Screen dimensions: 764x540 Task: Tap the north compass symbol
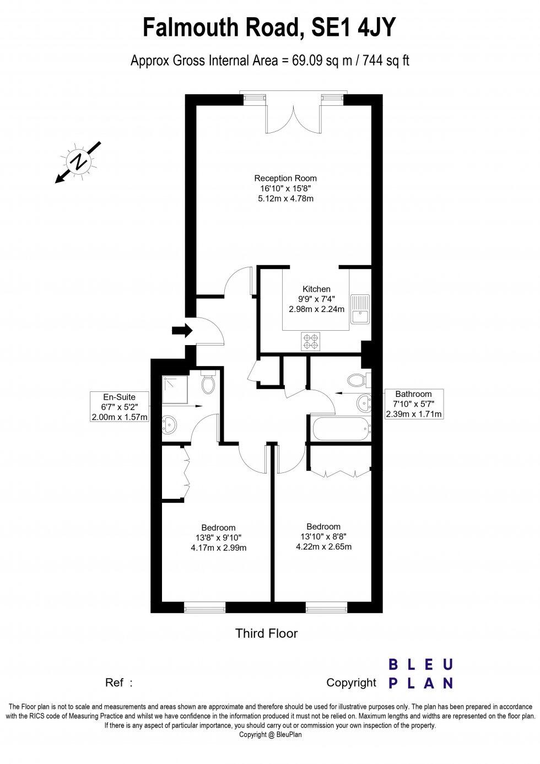click(x=78, y=162)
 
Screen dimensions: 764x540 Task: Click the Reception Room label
click(x=285, y=178)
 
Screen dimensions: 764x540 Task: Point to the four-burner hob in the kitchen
click(x=311, y=341)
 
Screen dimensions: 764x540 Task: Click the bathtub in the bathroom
click(x=339, y=429)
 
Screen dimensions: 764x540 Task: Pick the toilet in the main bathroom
click(x=359, y=380)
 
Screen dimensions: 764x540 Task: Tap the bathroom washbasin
click(x=364, y=403)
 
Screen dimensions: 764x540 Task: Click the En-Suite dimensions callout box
click(x=119, y=407)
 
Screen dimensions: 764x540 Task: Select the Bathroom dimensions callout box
click(x=413, y=404)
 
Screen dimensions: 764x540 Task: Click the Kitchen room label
click(x=316, y=289)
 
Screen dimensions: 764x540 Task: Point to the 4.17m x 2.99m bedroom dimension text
click(x=218, y=548)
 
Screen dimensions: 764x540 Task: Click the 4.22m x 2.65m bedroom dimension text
click(x=323, y=547)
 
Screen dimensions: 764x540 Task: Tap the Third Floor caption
click(x=267, y=633)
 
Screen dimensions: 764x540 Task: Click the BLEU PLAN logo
click(x=420, y=674)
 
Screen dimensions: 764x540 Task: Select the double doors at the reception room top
click(x=293, y=116)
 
